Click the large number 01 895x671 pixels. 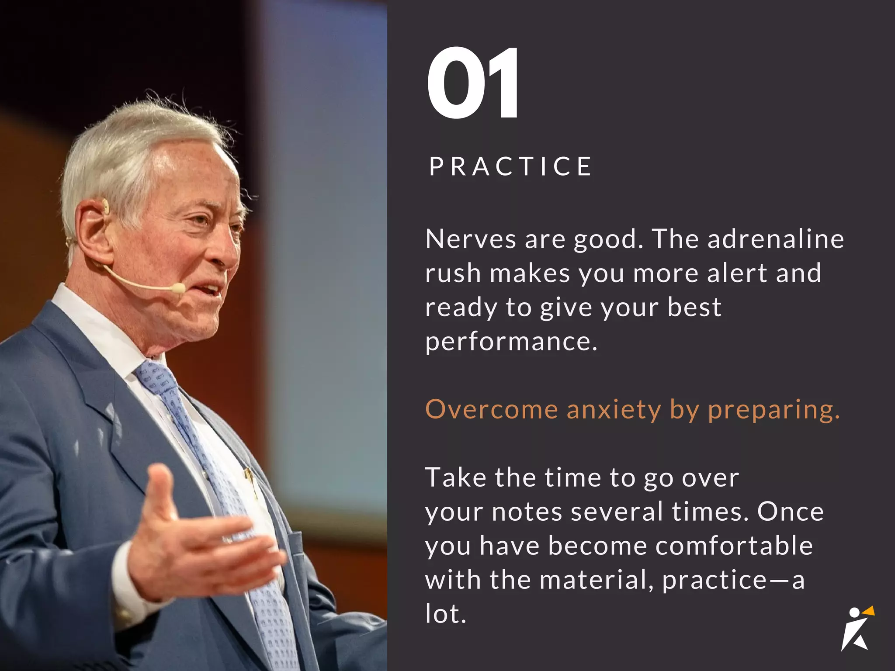pos(473,83)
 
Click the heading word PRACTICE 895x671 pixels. pos(510,166)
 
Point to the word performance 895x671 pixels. pos(510,342)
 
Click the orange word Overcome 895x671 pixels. pos(492,409)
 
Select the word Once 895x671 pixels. pos(790,512)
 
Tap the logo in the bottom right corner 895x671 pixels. pos(857,629)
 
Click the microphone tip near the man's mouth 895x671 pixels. pos(178,288)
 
